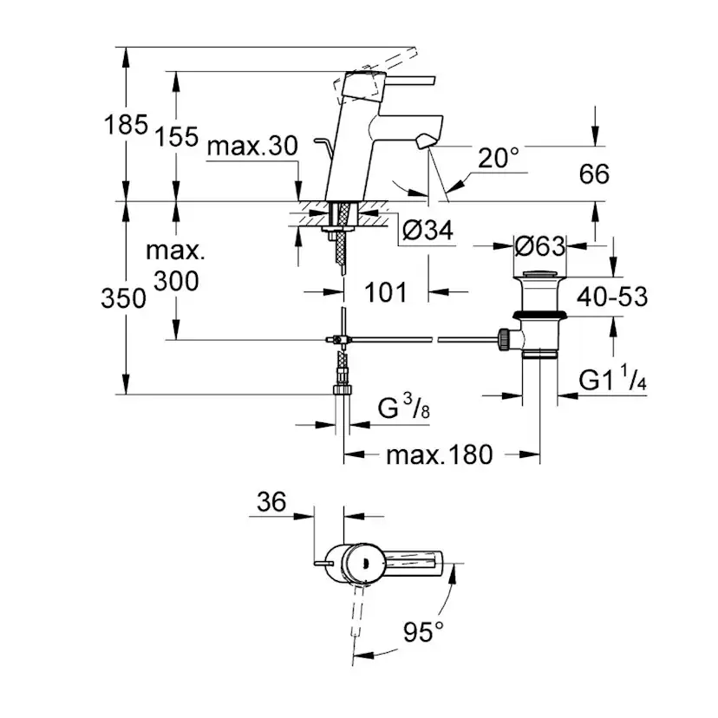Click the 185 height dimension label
click(127, 125)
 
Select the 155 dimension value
click(178, 136)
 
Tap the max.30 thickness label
click(252, 146)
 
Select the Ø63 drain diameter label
click(539, 246)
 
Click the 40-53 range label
click(615, 297)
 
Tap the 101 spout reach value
click(385, 291)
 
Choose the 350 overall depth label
click(122, 299)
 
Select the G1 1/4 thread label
click(613, 382)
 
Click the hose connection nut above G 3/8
click(343, 378)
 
